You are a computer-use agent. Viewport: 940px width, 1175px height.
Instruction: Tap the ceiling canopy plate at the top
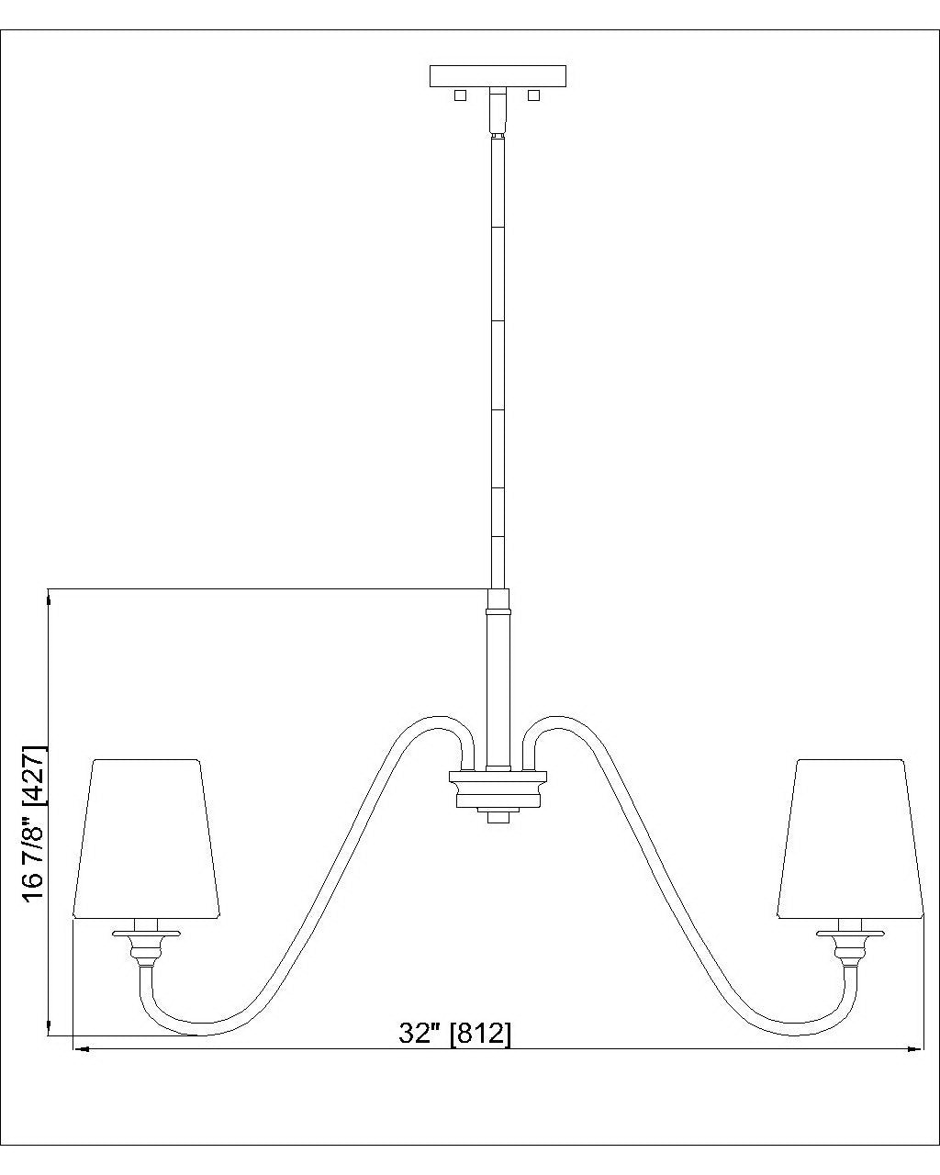[x=498, y=75]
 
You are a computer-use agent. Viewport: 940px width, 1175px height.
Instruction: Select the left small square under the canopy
[x=461, y=95]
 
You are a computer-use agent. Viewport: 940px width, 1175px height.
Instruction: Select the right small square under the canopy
[x=534, y=95]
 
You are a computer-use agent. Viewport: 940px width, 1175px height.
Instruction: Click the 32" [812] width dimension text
[x=455, y=1034]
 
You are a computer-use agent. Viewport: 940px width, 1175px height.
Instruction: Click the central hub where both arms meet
[x=498, y=788]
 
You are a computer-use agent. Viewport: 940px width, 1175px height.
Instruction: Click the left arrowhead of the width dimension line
[x=81, y=1047]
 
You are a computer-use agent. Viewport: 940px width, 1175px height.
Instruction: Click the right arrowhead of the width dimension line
[x=915, y=1047]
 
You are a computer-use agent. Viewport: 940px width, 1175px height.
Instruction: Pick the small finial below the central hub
[x=498, y=816]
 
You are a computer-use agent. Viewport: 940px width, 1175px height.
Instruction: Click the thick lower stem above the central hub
[x=498, y=679]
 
